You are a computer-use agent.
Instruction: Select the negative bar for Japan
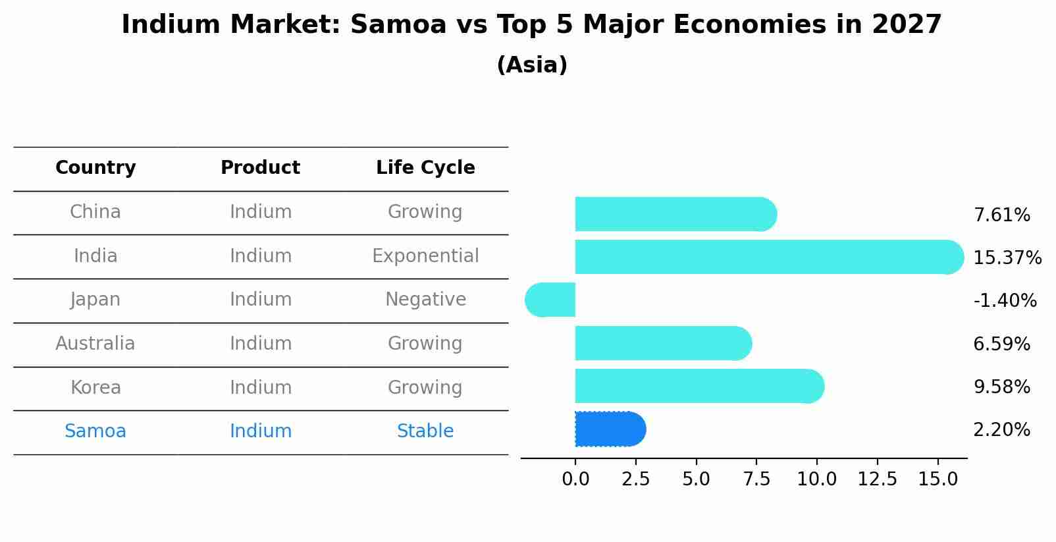click(x=550, y=300)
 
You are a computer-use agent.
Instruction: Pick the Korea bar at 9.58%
click(x=698, y=386)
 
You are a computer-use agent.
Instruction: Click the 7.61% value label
click(x=1001, y=215)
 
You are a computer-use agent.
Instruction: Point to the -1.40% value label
click(x=1005, y=301)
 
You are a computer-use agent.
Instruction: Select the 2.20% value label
click(x=1001, y=430)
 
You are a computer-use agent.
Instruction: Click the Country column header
click(x=95, y=168)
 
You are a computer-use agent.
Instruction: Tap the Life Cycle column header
click(x=425, y=168)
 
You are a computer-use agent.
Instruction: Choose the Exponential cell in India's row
click(x=425, y=256)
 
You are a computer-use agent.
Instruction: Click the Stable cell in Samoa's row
click(x=425, y=431)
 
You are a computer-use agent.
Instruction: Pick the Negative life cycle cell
click(x=425, y=300)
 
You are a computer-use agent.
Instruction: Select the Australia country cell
click(x=95, y=344)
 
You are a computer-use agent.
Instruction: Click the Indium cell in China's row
click(x=261, y=212)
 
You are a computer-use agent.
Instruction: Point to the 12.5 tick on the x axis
click(x=877, y=479)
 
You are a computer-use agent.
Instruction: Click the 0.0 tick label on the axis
click(x=575, y=479)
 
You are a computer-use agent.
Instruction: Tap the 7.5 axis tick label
click(x=756, y=479)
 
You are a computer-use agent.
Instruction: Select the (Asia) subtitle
click(x=532, y=65)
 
